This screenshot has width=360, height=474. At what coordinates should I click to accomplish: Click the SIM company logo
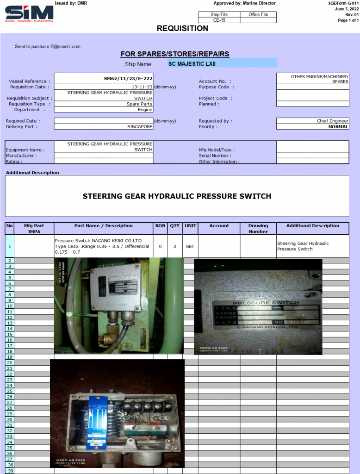tap(29, 13)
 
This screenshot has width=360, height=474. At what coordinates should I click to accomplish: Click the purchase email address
tap(48, 46)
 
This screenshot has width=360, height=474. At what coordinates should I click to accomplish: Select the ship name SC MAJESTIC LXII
tap(192, 63)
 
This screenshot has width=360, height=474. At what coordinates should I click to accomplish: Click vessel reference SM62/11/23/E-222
tap(128, 79)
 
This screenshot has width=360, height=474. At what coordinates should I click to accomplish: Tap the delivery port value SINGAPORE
tap(140, 126)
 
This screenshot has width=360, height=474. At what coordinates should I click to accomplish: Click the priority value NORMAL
tap(338, 126)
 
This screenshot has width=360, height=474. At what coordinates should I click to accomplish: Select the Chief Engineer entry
tap(333, 121)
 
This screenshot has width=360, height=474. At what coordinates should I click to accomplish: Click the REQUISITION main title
tap(182, 28)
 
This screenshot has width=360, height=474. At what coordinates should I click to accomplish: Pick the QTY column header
tap(175, 226)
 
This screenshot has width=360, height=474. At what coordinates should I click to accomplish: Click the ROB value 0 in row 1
tap(160, 246)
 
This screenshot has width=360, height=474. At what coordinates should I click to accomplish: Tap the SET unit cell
tap(190, 246)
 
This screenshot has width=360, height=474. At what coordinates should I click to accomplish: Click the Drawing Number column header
tap(258, 229)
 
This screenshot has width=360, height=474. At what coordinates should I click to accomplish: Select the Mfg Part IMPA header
tap(34, 229)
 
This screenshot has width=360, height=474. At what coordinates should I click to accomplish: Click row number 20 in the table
tap(10, 362)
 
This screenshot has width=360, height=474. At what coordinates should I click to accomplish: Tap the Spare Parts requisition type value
tap(139, 104)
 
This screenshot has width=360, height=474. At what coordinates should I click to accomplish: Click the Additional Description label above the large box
tap(32, 173)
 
